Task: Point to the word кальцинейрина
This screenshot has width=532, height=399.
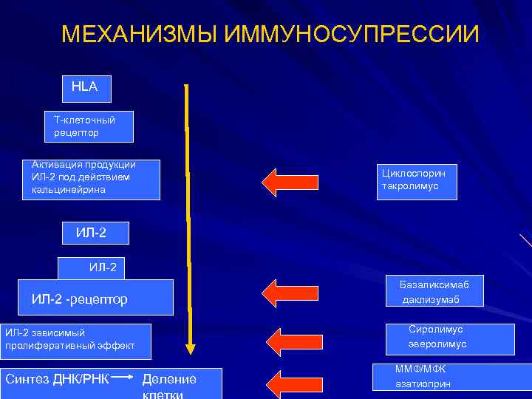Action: [x=69, y=190]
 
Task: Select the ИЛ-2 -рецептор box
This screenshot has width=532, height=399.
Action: [x=97, y=298]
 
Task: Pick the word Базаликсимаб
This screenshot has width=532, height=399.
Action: [x=434, y=284]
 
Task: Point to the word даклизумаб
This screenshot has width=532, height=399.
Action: [x=431, y=299]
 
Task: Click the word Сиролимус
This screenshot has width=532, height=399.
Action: [x=435, y=330]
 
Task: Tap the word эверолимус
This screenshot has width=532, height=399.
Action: [x=437, y=344]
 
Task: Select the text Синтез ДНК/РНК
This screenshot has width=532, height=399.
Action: [x=57, y=379]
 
